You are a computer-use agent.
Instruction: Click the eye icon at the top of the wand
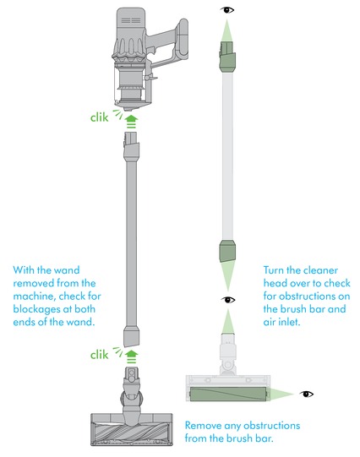pyautogui.click(x=226, y=10)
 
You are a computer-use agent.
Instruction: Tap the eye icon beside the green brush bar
pyautogui.click(x=306, y=394)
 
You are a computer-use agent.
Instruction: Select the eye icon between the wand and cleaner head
pyautogui.click(x=227, y=300)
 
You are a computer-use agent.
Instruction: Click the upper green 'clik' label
pyautogui.click(x=99, y=117)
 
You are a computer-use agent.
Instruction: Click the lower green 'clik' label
pyautogui.click(x=99, y=355)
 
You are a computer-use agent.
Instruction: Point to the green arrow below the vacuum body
pyautogui.click(x=131, y=122)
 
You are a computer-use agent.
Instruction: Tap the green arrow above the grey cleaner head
pyautogui.click(x=131, y=356)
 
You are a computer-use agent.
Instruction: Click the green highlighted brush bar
pyautogui.click(x=228, y=394)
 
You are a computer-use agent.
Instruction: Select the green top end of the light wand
pyautogui.click(x=227, y=57)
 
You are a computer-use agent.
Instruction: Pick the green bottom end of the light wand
pyautogui.click(x=227, y=250)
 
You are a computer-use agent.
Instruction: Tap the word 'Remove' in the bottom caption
pyautogui.click(x=203, y=425)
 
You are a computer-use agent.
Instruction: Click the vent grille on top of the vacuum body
pyautogui.click(x=131, y=20)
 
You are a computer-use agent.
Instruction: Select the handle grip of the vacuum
pyautogui.click(x=183, y=37)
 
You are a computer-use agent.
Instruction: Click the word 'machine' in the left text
pyautogui.click(x=34, y=297)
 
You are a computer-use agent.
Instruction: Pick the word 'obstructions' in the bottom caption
pyautogui.click(x=271, y=425)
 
